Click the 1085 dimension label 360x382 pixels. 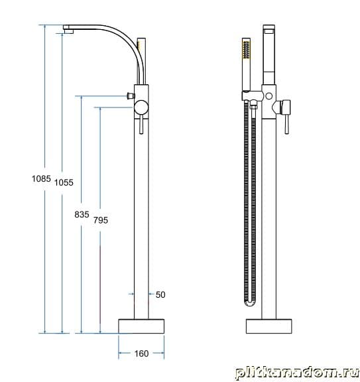point(41,179)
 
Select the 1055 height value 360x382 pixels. point(64,182)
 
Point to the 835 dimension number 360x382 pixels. point(82,215)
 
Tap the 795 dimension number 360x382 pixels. point(101,220)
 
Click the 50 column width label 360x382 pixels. point(160,294)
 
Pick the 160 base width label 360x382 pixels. point(141,353)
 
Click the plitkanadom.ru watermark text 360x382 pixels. point(297,373)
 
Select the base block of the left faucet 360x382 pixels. point(141,326)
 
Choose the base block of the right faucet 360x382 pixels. point(269,326)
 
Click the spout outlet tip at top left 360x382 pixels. point(68,31)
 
